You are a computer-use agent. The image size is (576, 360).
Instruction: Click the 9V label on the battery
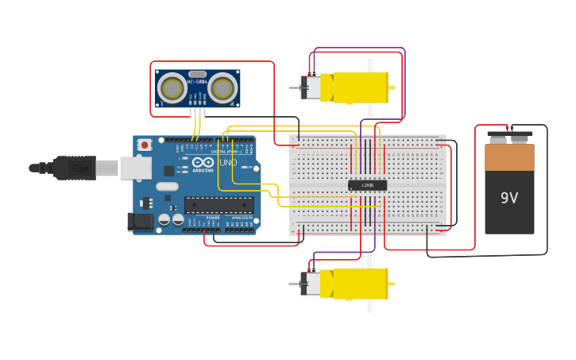pyautogui.click(x=509, y=198)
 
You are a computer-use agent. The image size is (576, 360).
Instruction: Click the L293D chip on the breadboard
pyautogui.click(x=367, y=185)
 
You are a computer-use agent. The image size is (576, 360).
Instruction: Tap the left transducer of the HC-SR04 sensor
pyautogui.click(x=172, y=87)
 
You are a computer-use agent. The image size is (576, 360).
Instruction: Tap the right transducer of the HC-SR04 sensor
pyautogui.click(x=223, y=87)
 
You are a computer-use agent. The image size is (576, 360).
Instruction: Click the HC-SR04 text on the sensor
pyautogui.click(x=197, y=81)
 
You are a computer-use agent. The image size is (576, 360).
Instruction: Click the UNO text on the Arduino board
pyautogui.click(x=228, y=162)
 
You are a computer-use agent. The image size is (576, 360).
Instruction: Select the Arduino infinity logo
pyautogui.click(x=203, y=163)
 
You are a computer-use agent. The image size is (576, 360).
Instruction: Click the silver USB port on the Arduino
pyautogui.click(x=135, y=168)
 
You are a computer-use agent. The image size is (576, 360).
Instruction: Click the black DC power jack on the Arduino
pyautogui.click(x=140, y=222)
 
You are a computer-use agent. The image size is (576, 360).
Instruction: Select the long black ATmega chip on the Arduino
pyautogui.click(x=218, y=205)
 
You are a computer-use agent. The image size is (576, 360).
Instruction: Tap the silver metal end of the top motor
pyautogui.click(x=310, y=87)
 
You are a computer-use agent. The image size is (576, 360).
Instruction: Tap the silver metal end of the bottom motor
pyautogui.click(x=310, y=284)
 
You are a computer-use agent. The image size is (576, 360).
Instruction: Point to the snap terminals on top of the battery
pyautogui.click(x=509, y=138)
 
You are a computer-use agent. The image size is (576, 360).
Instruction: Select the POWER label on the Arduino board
pyautogui.click(x=213, y=217)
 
